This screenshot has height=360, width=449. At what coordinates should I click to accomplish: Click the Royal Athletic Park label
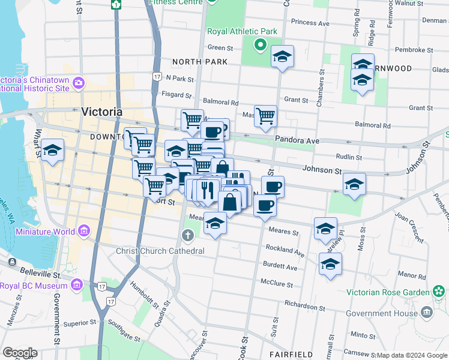(x=242, y=31)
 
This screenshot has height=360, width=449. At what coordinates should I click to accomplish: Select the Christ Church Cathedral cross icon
(x=188, y=235)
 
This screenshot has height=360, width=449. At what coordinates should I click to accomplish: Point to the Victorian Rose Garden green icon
(x=439, y=292)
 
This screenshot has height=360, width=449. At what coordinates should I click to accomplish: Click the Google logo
(x=19, y=353)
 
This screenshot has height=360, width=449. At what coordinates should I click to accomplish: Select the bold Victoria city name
(x=101, y=112)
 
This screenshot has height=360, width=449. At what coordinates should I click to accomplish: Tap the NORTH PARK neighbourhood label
(x=200, y=62)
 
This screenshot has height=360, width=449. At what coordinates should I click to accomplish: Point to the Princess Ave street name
(x=310, y=23)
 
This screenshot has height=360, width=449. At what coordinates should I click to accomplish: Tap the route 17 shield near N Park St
(x=157, y=77)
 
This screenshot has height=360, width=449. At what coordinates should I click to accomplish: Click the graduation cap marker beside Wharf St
(x=53, y=151)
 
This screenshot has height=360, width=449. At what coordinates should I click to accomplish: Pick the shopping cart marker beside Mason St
(x=265, y=116)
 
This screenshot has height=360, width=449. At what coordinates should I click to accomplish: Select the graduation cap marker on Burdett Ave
(x=330, y=264)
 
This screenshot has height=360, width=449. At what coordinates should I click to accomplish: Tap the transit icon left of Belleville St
(x=12, y=262)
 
